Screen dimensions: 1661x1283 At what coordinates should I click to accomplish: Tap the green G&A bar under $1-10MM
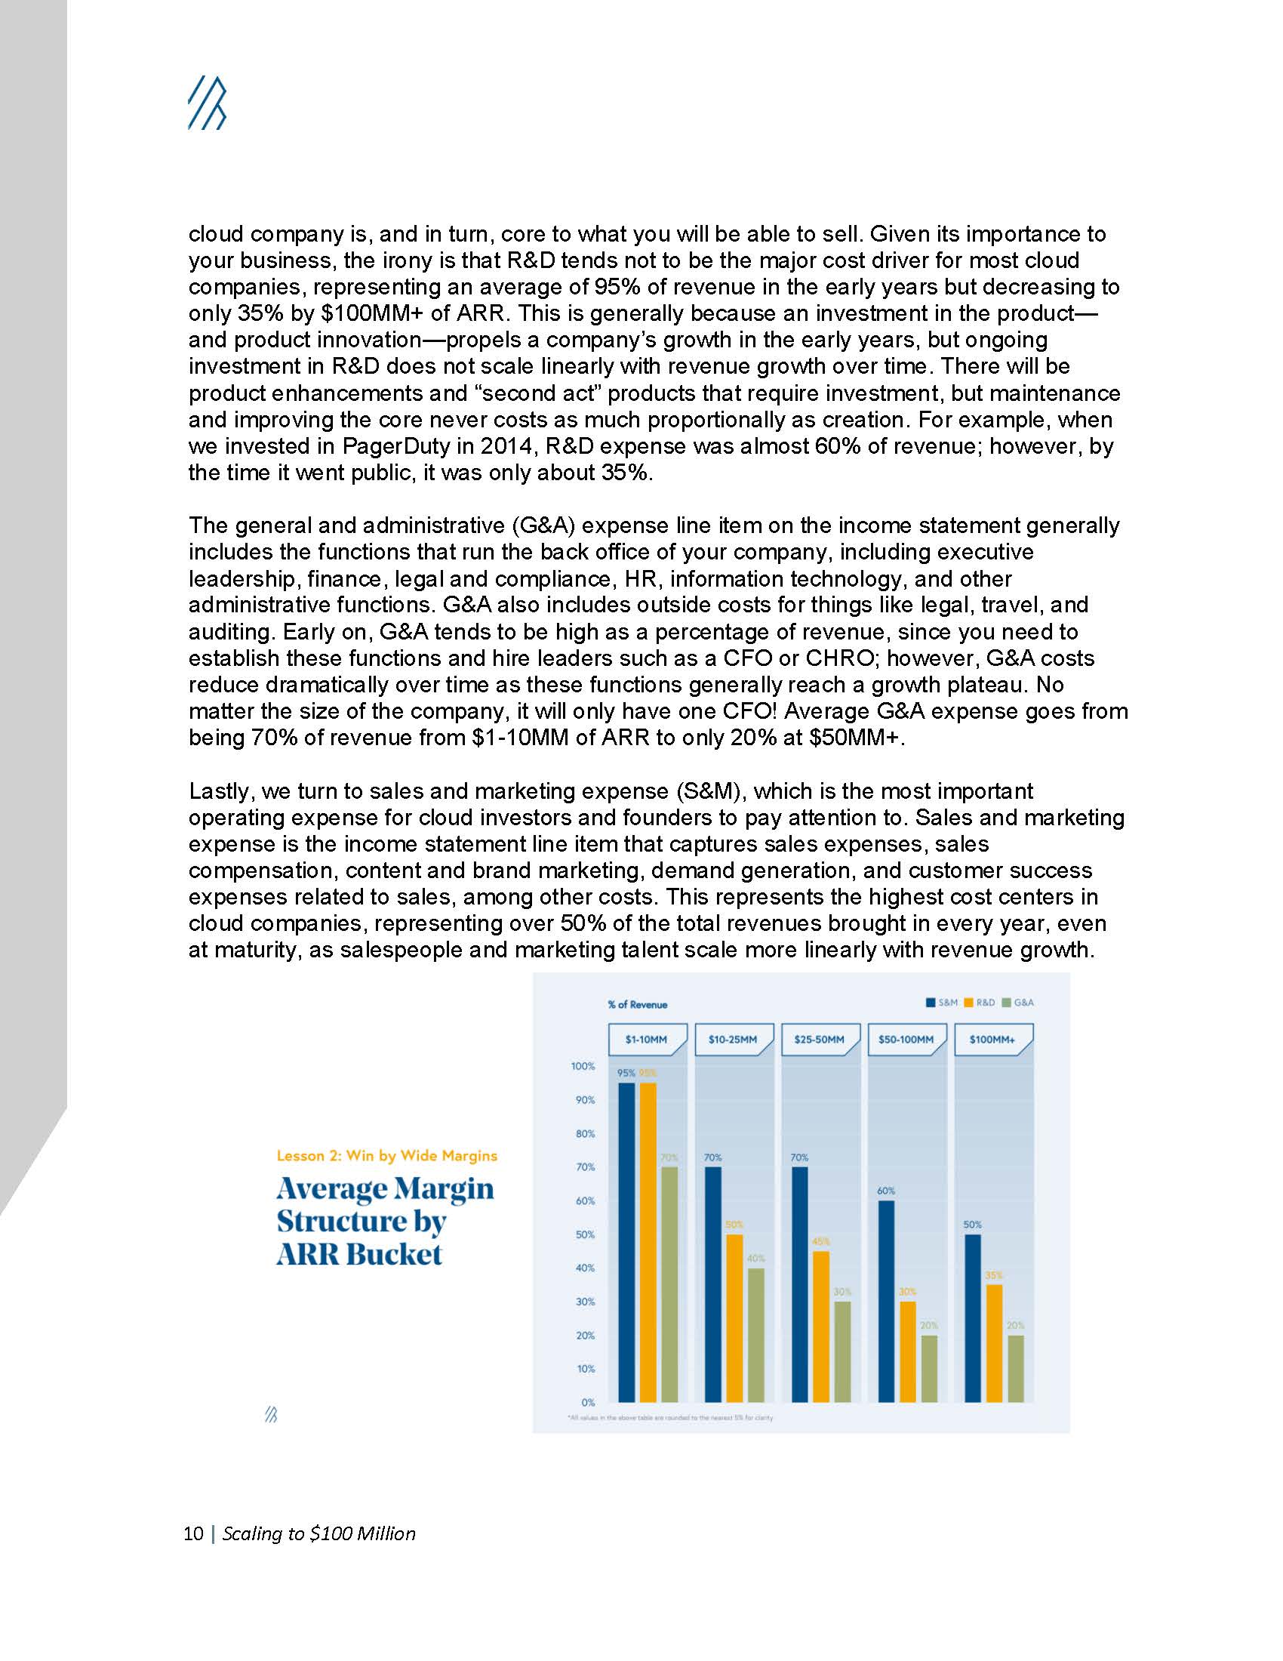coord(669,1285)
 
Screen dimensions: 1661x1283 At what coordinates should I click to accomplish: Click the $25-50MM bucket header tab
coord(820,1039)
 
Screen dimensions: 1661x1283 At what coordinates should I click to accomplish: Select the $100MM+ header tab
coord(992,1039)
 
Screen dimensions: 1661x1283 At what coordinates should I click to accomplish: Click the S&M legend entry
coord(943,1003)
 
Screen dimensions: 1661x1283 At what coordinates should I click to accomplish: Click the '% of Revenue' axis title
coord(637,1005)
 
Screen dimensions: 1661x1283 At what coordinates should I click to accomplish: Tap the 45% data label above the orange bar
coord(821,1241)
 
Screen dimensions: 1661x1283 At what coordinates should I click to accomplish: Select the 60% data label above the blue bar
coord(886,1190)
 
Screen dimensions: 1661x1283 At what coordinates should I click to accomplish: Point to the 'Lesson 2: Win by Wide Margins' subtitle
coord(387,1156)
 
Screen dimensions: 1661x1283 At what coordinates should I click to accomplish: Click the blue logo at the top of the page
coord(207,103)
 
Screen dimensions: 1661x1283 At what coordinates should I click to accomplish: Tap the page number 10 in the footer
coord(193,1533)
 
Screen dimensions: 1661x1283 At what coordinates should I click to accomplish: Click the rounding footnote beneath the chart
coord(670,1418)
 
